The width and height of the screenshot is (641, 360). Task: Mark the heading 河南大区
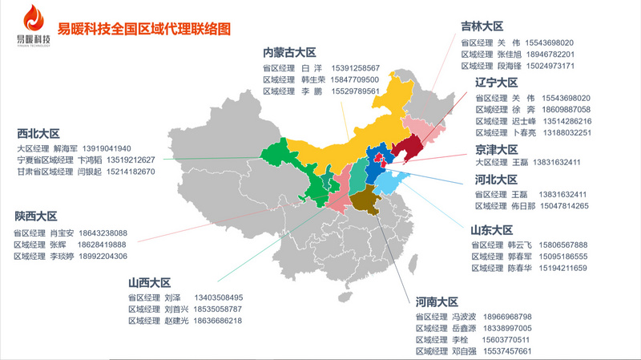point(437,302)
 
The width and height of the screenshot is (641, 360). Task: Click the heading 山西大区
point(149,283)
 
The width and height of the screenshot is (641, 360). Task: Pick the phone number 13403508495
point(217,297)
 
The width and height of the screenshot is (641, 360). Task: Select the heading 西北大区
point(38,134)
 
